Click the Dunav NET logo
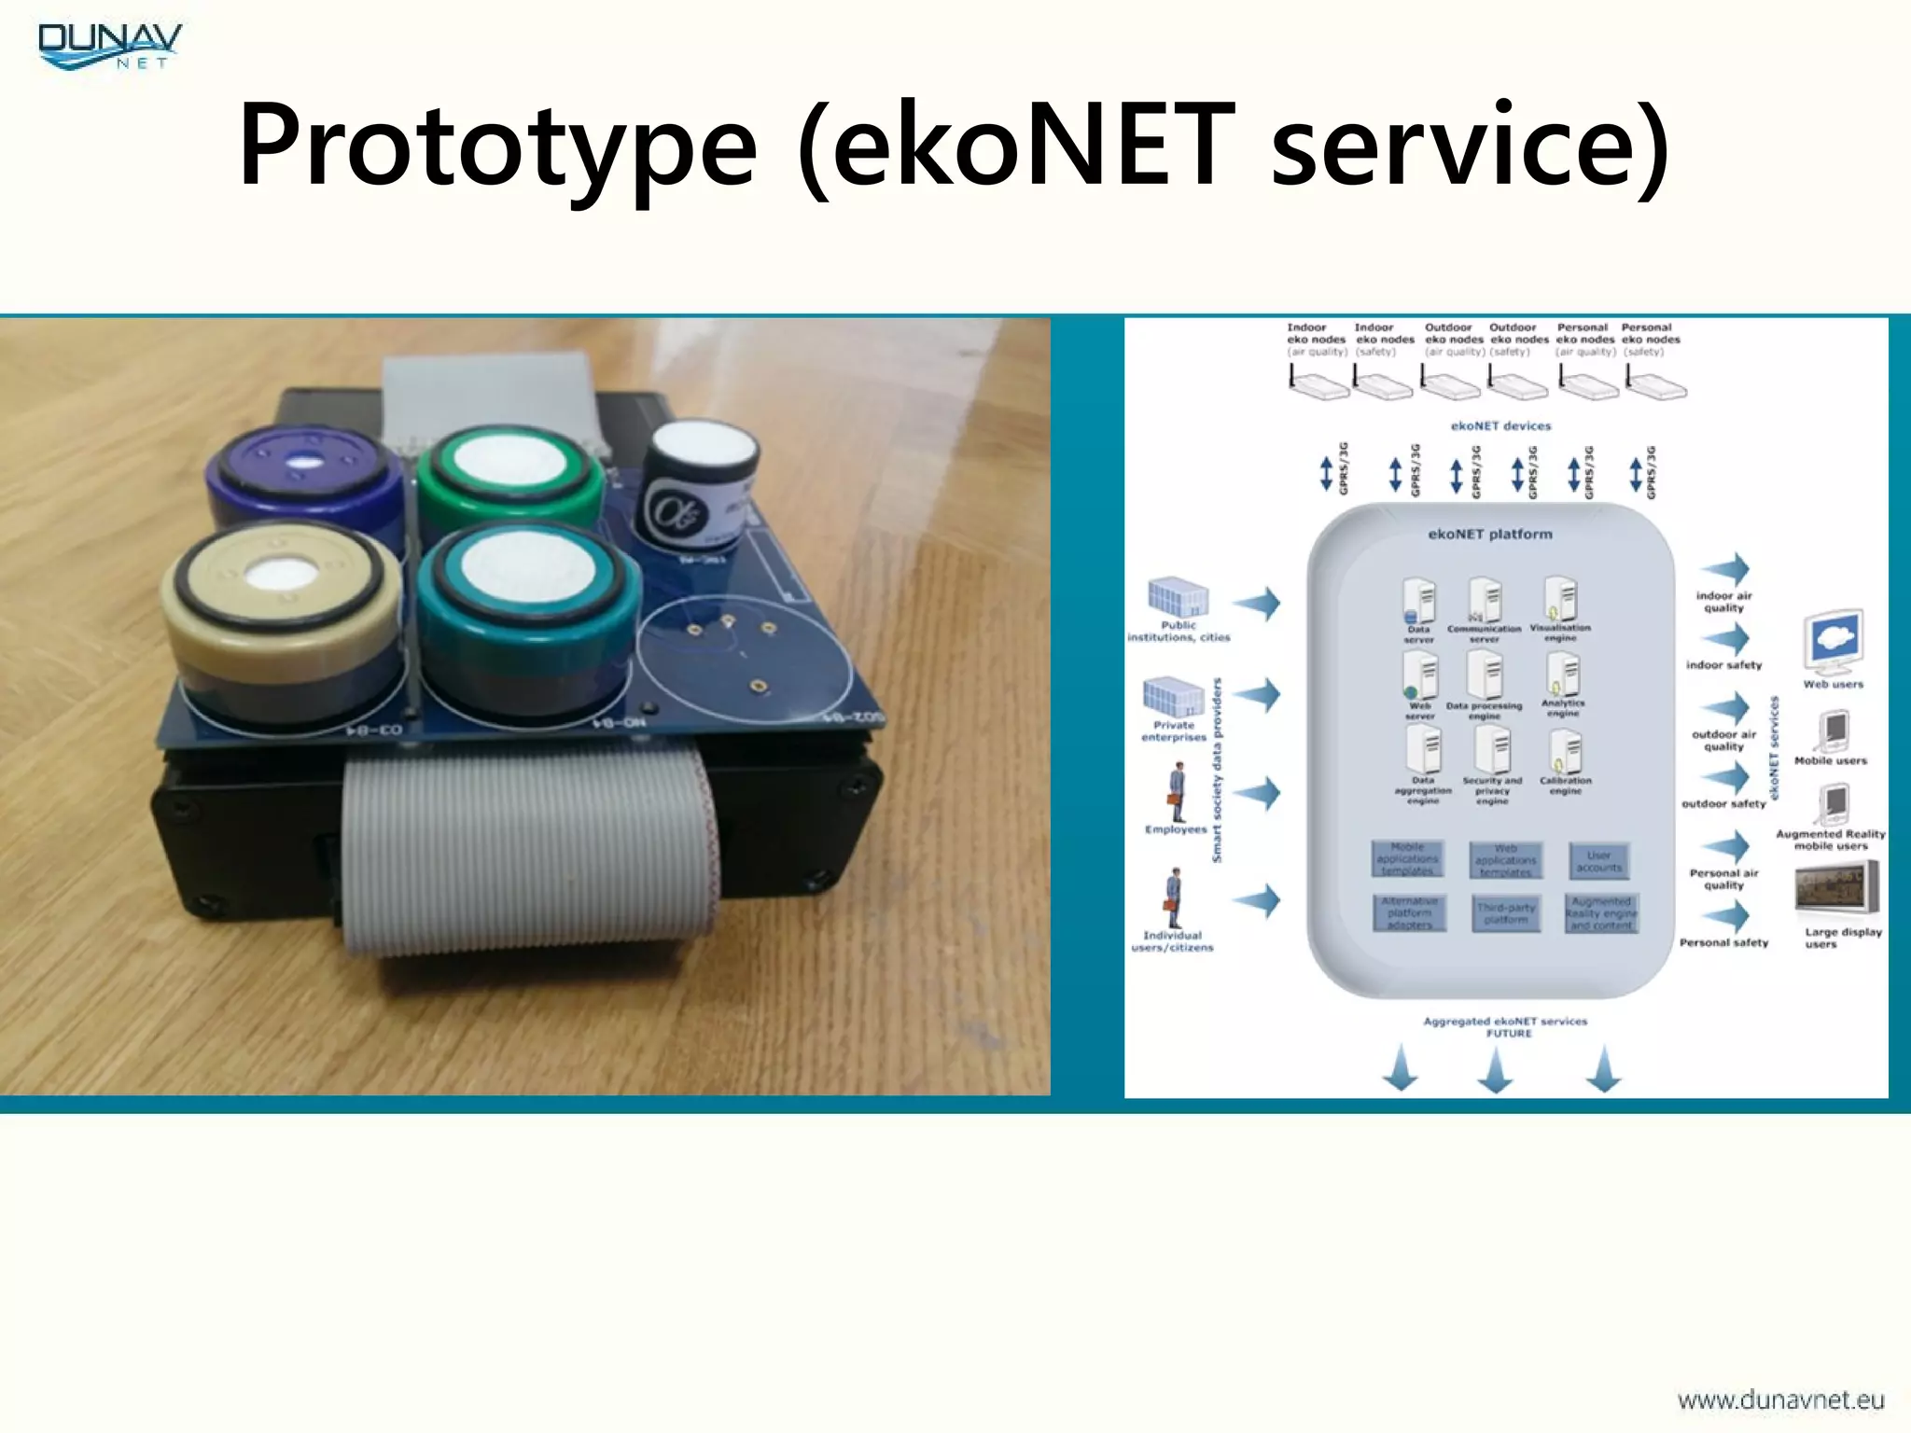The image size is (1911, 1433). point(110,47)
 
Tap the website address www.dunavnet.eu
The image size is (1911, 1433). point(1780,1399)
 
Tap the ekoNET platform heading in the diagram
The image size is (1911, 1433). point(1490,535)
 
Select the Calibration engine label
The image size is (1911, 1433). point(1566,786)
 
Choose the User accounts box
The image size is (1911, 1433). point(1599,861)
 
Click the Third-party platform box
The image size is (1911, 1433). point(1506,913)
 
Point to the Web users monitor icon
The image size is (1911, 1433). point(1834,642)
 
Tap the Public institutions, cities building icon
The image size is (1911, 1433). point(1178,597)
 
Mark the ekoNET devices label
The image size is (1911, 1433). point(1500,426)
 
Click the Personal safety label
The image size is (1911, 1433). point(1723,943)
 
